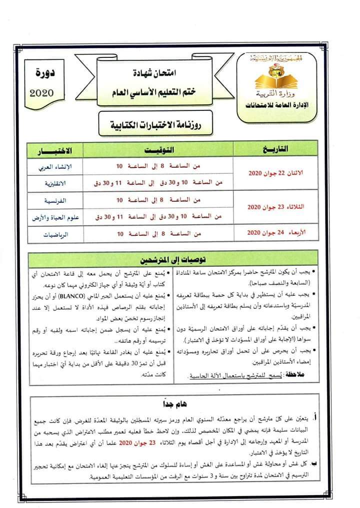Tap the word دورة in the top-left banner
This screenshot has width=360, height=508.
[45, 76]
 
